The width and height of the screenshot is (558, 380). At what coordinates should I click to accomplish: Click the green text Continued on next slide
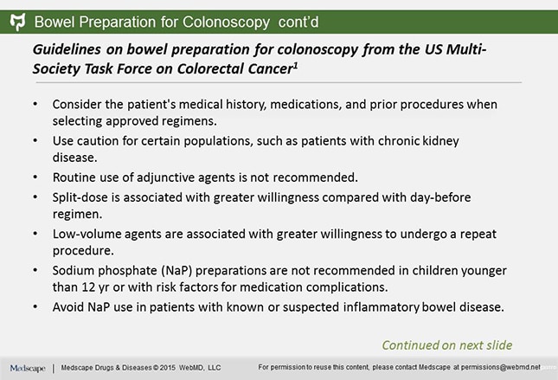[x=446, y=343]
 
